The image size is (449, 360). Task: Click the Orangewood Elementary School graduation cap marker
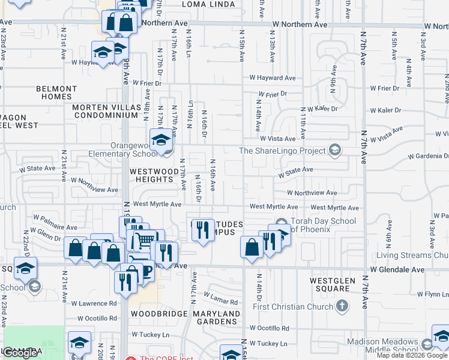(160, 140)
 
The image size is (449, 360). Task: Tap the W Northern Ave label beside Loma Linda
(300, 25)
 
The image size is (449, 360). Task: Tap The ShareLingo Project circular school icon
(335, 151)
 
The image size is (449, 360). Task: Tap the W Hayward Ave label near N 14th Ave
(273, 78)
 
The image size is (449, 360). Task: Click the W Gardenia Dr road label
(427, 156)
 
